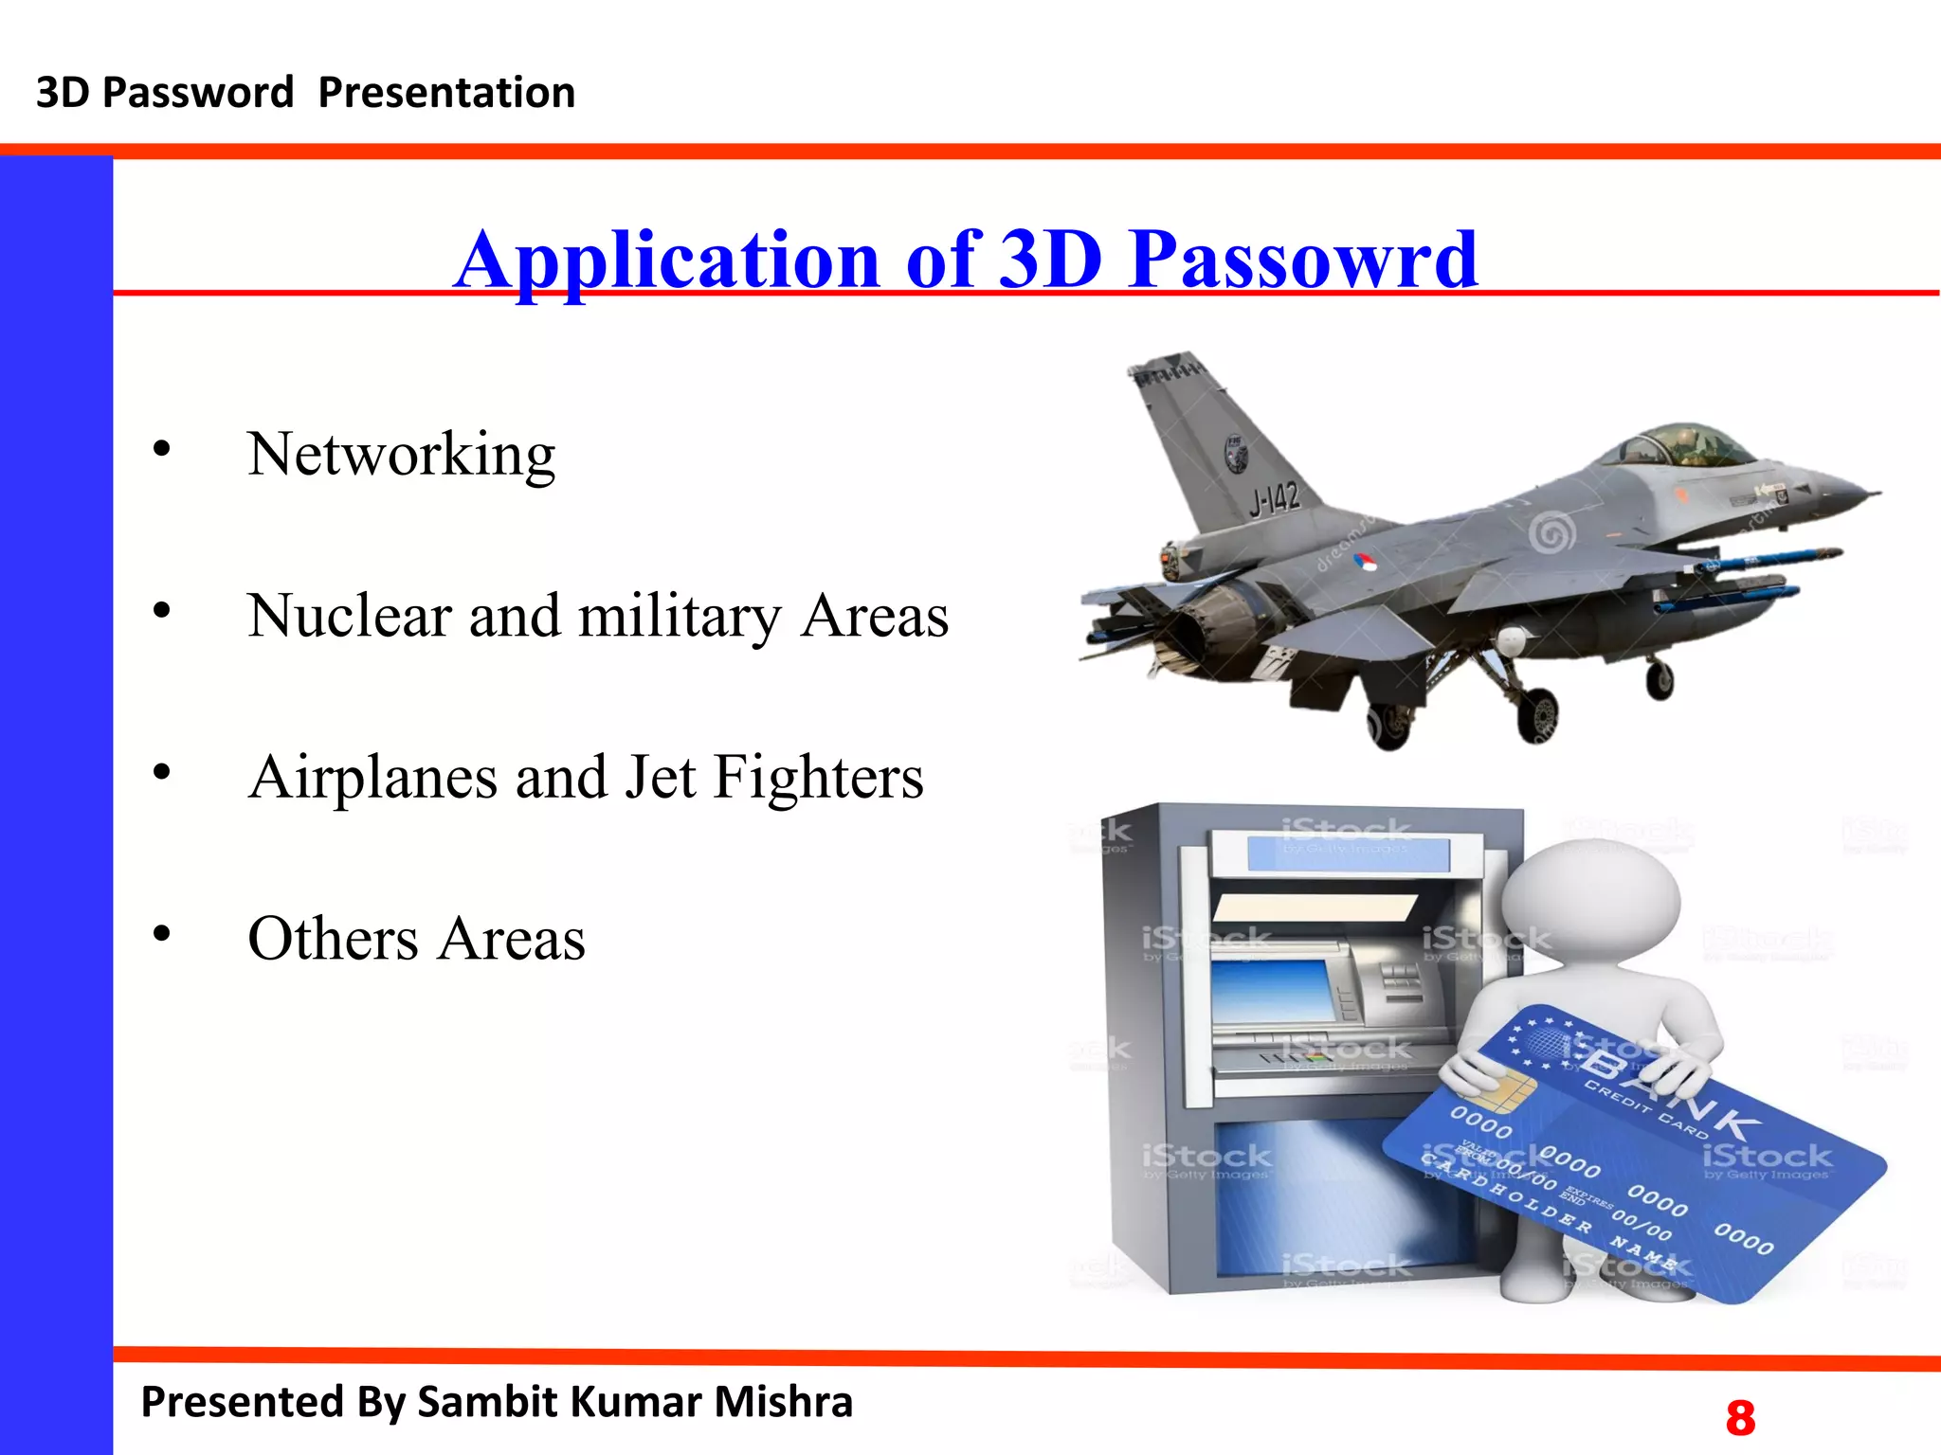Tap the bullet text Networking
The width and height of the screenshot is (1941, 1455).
[x=401, y=455]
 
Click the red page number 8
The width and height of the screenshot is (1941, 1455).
[x=1740, y=1418]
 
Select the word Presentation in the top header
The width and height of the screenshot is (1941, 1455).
[x=446, y=93]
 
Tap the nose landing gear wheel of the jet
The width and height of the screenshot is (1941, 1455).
[x=1660, y=678]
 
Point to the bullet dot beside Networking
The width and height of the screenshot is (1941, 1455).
[x=162, y=449]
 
